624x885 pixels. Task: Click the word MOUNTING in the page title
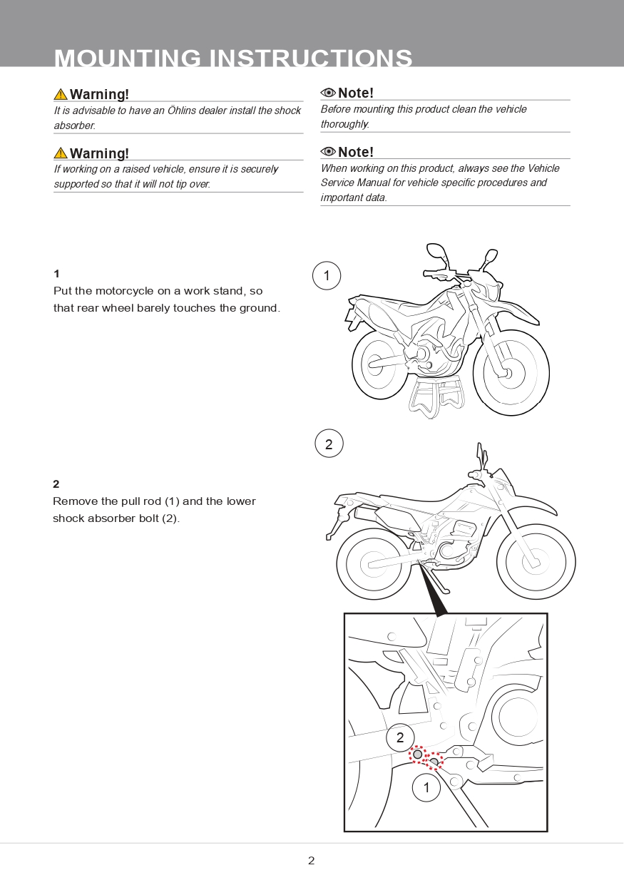point(127,58)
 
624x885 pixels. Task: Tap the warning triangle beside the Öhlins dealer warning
point(61,94)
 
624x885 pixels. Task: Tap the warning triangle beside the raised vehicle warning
point(61,153)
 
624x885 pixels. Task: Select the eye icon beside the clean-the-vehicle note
point(328,93)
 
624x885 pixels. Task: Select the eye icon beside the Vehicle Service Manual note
point(328,152)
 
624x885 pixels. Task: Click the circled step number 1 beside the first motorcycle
point(327,276)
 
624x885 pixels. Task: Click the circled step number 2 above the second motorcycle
point(329,444)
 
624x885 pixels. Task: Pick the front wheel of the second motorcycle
point(536,562)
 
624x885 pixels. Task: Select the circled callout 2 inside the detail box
point(400,738)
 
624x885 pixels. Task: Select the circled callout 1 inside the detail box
point(426,788)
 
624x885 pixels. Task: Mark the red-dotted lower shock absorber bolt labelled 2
point(418,754)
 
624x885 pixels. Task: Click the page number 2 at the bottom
point(311,861)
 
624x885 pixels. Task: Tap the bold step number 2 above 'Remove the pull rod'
point(56,484)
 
